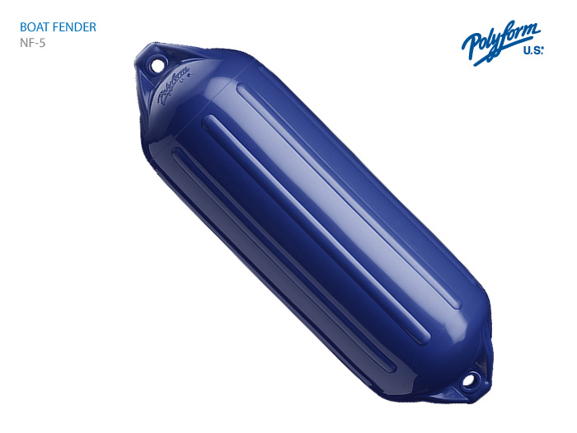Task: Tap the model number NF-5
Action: tap(32, 43)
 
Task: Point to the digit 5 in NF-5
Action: tap(42, 43)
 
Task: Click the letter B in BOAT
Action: tap(23, 27)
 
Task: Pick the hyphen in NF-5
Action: tap(37, 44)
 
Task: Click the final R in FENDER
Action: tap(92, 27)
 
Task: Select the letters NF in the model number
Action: tap(27, 43)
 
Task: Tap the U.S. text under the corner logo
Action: tap(533, 50)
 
